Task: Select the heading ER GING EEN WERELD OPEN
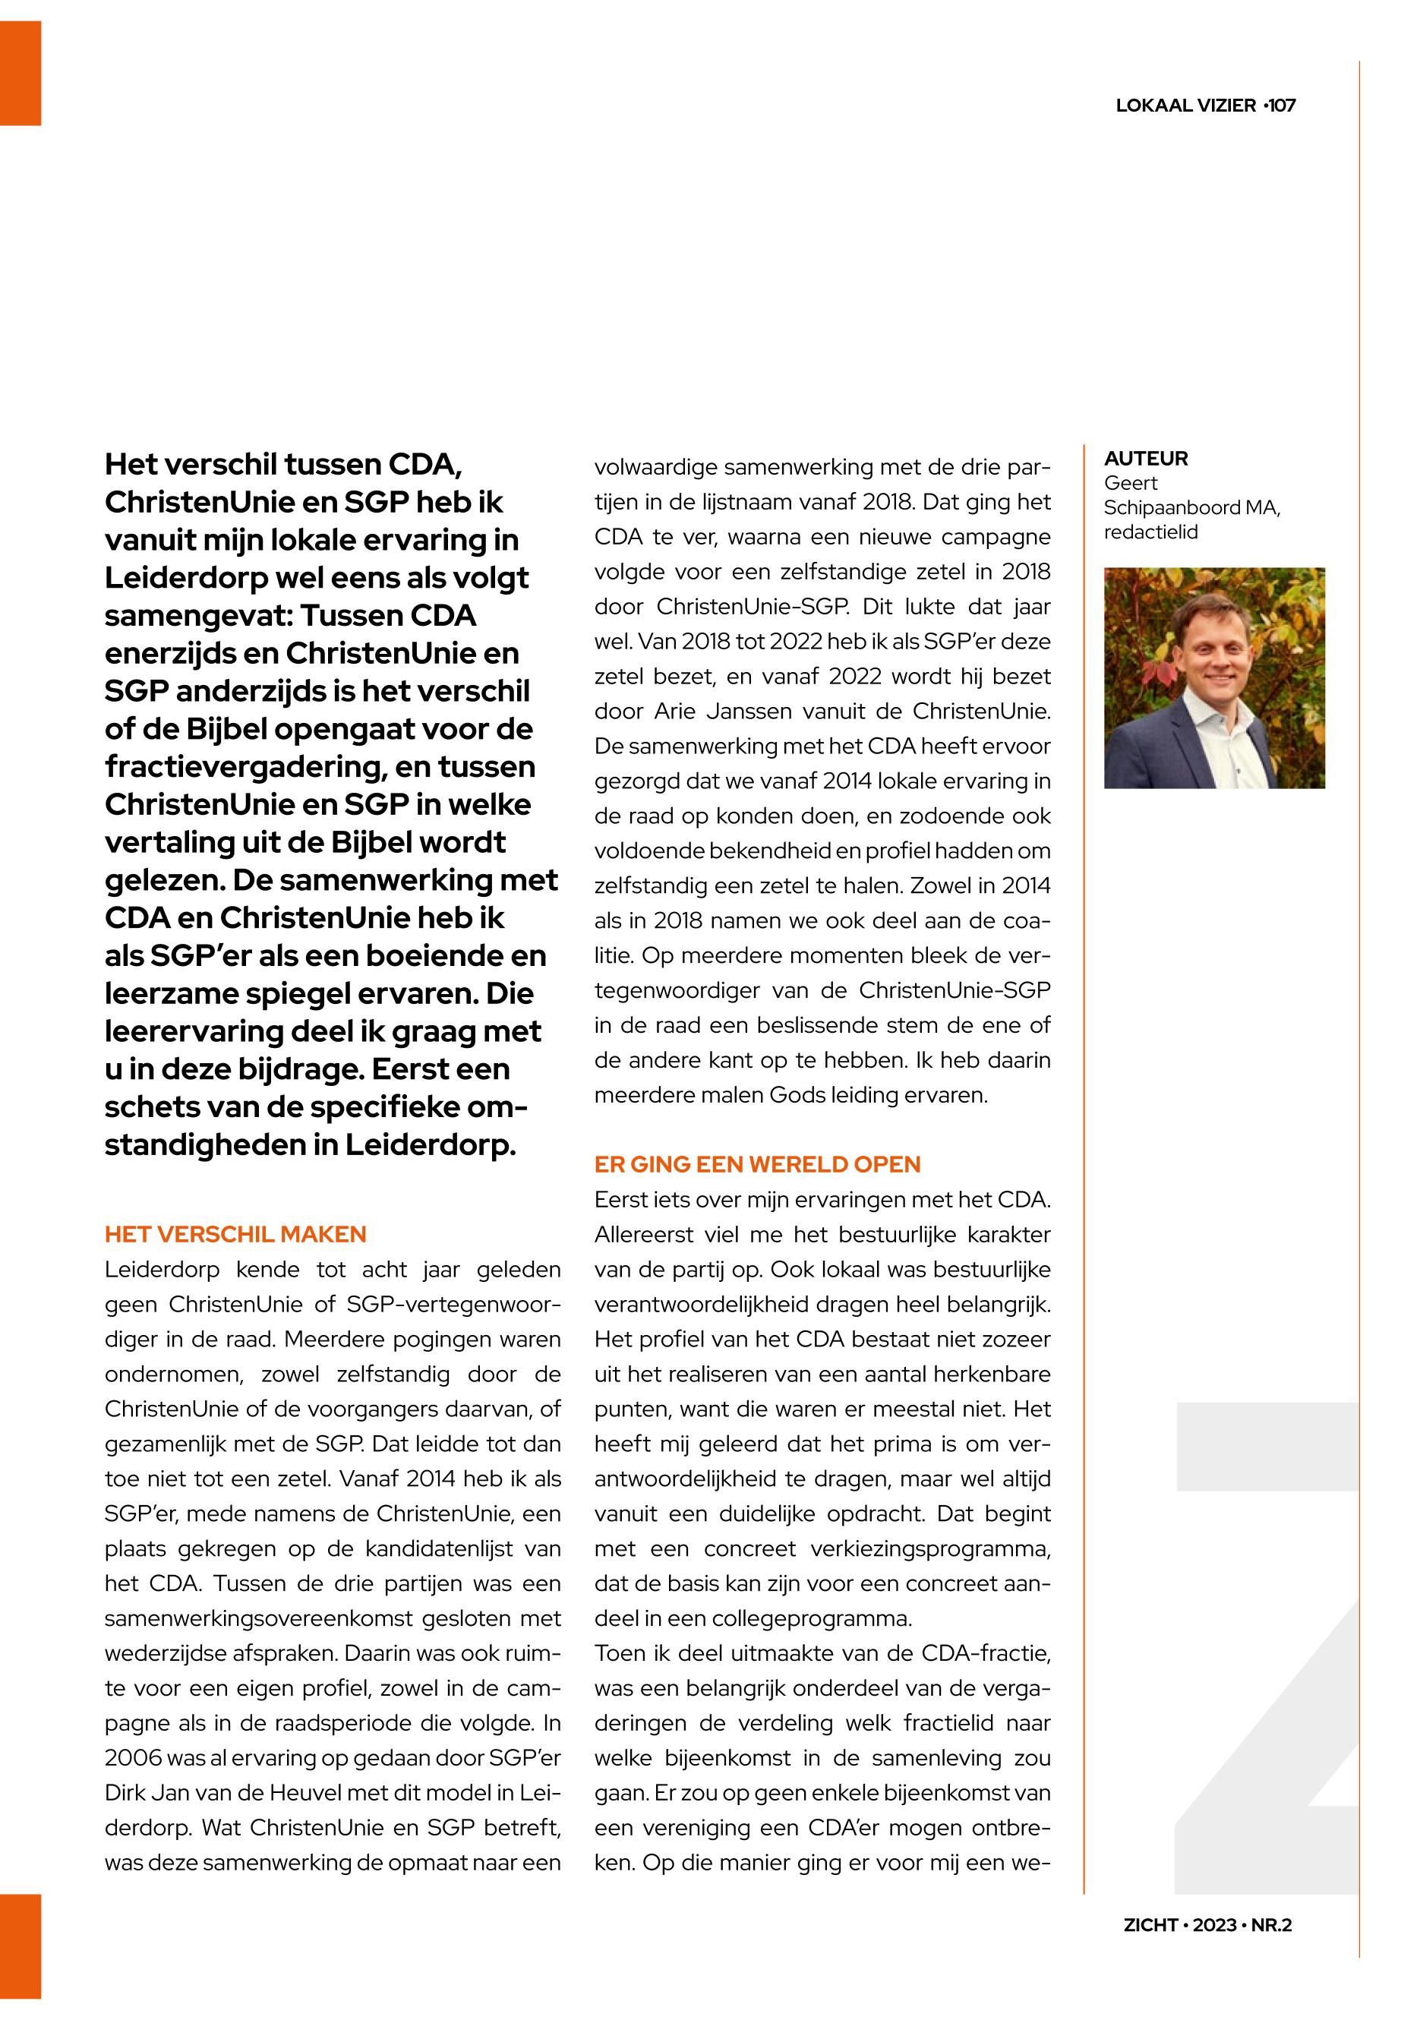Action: (758, 1165)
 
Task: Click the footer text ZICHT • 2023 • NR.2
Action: (1208, 1925)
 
